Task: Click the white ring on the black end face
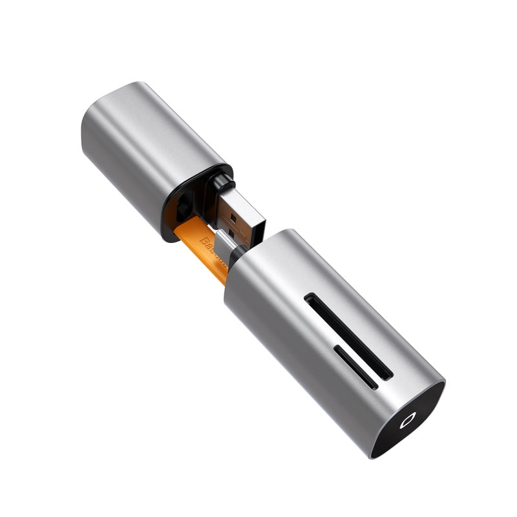click(406, 422)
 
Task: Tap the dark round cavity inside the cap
click(184, 207)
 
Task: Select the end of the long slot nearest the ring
click(388, 375)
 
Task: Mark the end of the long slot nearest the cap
click(309, 299)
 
